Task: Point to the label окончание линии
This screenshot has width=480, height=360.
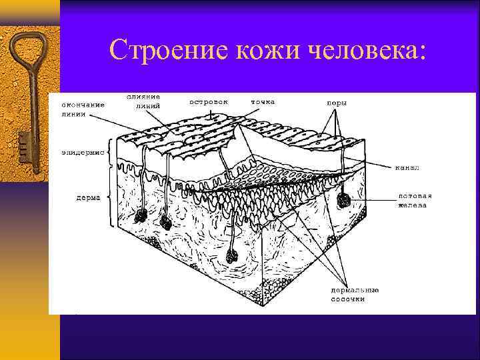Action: tap(83, 109)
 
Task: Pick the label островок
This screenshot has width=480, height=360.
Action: tap(209, 102)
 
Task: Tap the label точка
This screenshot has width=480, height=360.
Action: tap(262, 102)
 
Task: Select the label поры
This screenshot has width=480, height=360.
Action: tap(337, 103)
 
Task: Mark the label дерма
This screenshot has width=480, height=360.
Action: tap(88, 197)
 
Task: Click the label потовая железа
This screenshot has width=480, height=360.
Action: tap(415, 200)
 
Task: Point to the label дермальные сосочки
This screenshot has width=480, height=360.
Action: tap(355, 294)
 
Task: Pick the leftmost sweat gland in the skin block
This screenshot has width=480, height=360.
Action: tap(141, 216)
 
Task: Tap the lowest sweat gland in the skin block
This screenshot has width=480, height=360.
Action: tap(233, 255)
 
